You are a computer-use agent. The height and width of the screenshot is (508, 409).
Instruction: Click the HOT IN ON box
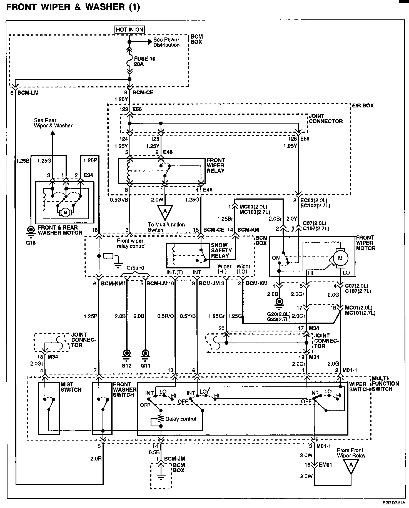click(x=130, y=29)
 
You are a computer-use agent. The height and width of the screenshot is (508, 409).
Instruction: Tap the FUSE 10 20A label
click(x=144, y=61)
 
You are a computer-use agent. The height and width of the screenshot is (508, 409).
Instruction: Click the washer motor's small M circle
click(x=66, y=212)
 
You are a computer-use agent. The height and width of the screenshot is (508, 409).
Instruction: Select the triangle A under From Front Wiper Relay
click(x=351, y=467)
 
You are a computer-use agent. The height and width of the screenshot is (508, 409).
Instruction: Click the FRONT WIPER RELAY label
click(x=216, y=165)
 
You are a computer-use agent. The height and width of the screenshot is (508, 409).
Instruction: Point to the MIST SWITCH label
click(x=67, y=387)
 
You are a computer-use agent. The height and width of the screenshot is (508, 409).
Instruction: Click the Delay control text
click(x=181, y=419)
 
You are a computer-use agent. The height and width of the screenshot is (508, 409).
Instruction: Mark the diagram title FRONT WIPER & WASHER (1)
click(x=73, y=7)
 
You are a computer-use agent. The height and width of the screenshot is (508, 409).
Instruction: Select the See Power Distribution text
click(x=166, y=42)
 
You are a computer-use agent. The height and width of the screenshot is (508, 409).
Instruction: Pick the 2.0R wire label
click(x=96, y=459)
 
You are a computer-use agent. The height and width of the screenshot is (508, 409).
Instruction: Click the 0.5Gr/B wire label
click(x=119, y=200)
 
